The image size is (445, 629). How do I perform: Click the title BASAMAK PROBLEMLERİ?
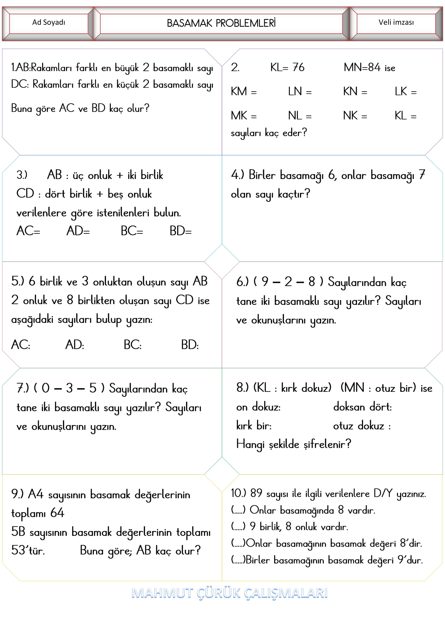coord(221,23)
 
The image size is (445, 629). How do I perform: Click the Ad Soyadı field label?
coord(48,23)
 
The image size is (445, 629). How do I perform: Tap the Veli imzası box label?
coord(396,23)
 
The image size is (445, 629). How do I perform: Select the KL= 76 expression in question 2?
coord(287,67)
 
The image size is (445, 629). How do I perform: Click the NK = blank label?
coord(355,116)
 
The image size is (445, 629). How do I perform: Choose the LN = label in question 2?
coord(300,91)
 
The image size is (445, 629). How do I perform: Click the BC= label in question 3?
coord(132,231)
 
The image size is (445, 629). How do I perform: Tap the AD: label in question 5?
coord(75,345)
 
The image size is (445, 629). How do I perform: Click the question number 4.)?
coord(237,175)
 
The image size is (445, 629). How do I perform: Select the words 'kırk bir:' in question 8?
coord(254,425)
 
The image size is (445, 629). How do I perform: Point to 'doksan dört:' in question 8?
coord(362,407)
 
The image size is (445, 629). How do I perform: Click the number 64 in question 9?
coord(57,513)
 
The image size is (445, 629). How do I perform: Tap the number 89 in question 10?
coord(256,493)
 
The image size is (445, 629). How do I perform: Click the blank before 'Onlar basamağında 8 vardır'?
coord(238,510)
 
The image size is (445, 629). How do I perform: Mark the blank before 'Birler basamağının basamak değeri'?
coord(238,560)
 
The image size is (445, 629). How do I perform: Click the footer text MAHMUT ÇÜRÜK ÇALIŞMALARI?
coord(229,593)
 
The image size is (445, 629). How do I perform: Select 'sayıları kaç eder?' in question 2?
coord(269,133)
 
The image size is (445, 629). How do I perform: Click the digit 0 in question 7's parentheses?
coord(45,388)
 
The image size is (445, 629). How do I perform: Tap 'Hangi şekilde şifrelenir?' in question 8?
coord(294,444)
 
